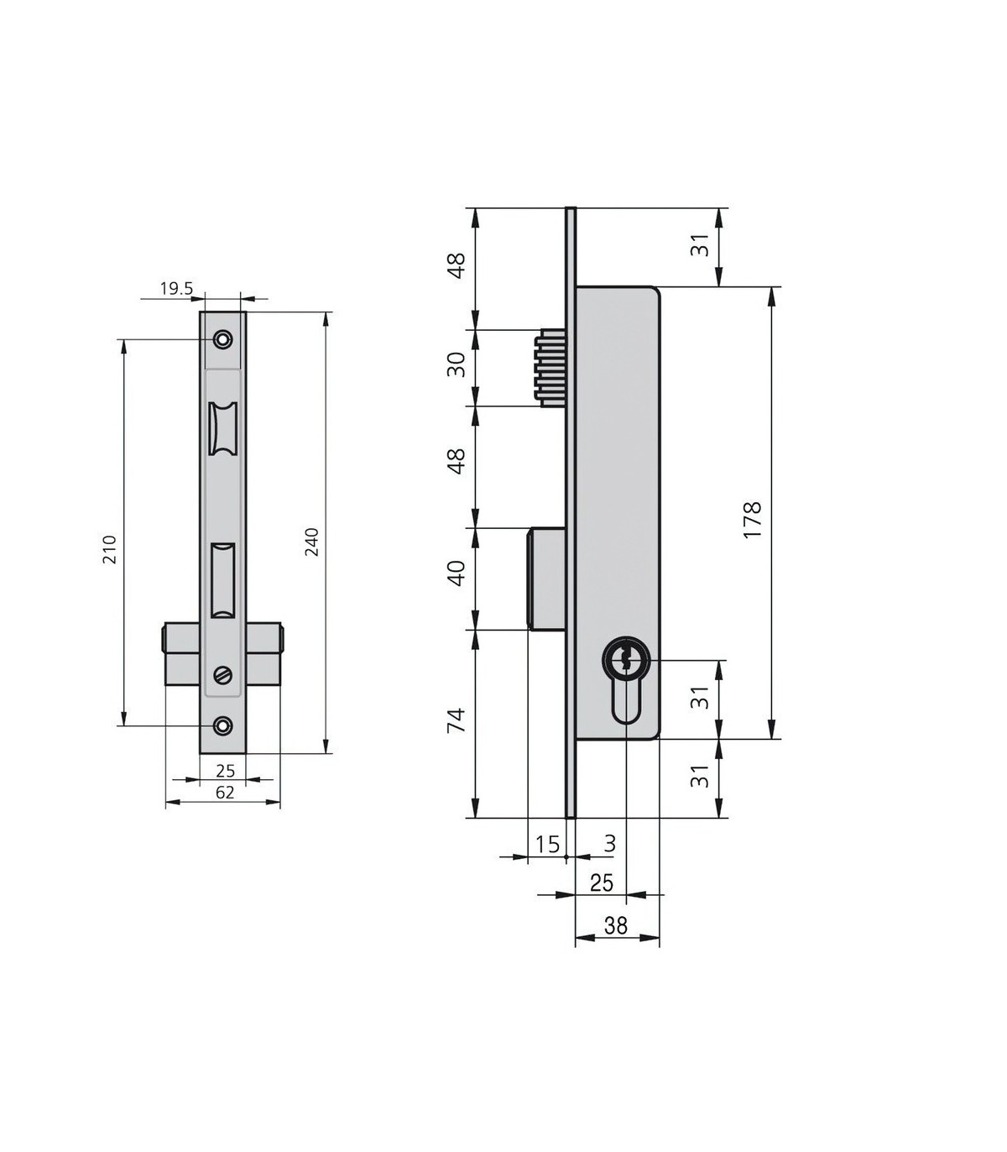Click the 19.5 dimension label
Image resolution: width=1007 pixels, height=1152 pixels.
(177, 289)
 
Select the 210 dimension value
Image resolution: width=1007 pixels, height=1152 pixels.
(109, 549)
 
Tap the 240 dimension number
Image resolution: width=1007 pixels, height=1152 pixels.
(311, 542)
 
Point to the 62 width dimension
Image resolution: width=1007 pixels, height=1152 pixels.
(224, 793)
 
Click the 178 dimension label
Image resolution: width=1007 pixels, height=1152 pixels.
(752, 520)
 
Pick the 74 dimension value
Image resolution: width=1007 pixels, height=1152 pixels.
(457, 720)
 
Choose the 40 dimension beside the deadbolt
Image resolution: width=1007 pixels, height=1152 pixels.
(457, 573)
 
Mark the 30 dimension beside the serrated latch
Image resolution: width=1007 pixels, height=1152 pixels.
(457, 364)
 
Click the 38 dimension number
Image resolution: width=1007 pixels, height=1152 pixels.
(615, 925)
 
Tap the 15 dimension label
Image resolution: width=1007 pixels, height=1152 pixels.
(547, 845)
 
